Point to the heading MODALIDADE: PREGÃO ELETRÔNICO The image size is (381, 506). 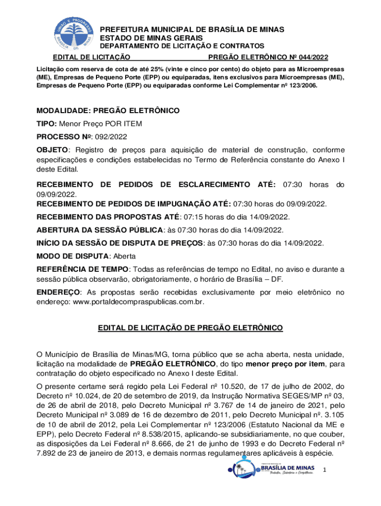pos(108,110)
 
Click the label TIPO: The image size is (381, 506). pos(47,123)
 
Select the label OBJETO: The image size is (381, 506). pos(51,149)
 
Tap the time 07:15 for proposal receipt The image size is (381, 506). pos(192,217)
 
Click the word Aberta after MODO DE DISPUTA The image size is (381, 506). pos(125,256)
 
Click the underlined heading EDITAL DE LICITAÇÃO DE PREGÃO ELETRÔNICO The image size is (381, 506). pos(190,328)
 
